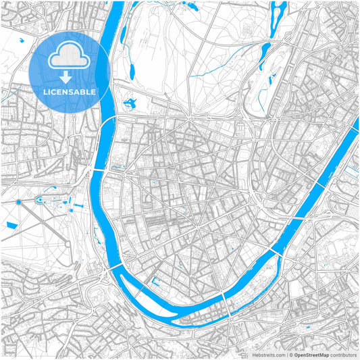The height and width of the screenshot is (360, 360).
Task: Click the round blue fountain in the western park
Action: (x=20, y=201)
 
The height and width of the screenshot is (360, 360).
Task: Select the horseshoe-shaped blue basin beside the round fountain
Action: (x=40, y=200)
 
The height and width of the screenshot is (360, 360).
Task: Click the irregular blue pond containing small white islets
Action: (x=128, y=103)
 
